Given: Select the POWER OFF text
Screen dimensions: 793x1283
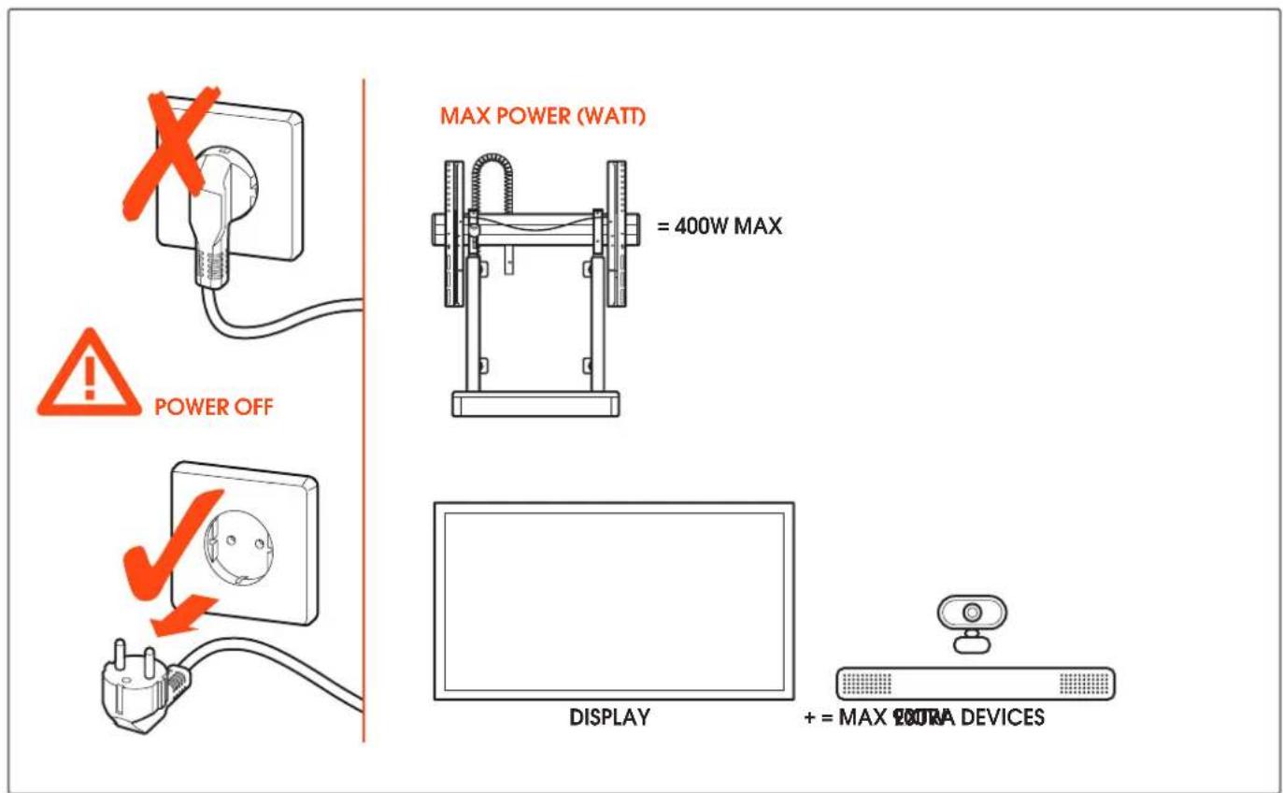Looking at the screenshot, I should (213, 407).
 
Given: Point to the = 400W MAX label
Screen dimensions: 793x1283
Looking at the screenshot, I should (720, 227).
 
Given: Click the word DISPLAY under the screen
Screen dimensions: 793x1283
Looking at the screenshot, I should (610, 718).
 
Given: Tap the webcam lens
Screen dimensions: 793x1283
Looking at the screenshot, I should (972, 612).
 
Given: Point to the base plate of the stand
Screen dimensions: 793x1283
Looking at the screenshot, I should (535, 404).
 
